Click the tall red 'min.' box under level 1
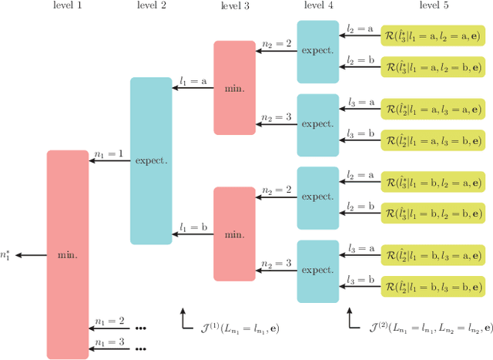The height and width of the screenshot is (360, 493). [68, 254]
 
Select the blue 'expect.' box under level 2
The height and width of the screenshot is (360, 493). [151, 161]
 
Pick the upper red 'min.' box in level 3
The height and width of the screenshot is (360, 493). [234, 88]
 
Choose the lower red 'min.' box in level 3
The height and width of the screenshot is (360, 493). [234, 234]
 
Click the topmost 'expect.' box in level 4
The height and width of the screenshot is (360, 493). [318, 52]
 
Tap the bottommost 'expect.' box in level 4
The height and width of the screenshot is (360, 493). [318, 271]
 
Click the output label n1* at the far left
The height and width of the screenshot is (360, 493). [6, 254]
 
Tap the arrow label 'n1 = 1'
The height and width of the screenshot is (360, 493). [109, 154]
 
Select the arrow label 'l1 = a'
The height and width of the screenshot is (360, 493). [193, 80]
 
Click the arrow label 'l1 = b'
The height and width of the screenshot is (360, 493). [193, 227]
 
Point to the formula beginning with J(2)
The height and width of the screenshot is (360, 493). [421, 328]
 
